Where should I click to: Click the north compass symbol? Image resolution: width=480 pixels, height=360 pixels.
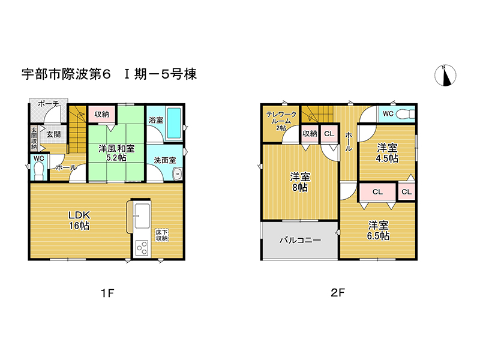click(x=445, y=75)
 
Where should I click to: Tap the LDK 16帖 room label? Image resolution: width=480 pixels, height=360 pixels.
click(x=79, y=220)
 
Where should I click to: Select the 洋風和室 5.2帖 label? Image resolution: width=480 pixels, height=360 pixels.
click(x=116, y=153)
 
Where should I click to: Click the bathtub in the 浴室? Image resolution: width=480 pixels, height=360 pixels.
click(x=174, y=123)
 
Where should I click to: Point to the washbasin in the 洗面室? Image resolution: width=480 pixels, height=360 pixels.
click(x=177, y=174)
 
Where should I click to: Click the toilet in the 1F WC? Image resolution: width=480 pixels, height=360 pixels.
click(x=38, y=171)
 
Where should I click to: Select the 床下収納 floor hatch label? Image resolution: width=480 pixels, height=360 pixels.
click(x=161, y=235)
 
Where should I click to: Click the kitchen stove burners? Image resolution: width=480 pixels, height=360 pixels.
click(x=142, y=248)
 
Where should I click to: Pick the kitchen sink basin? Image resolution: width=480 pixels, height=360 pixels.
click(x=142, y=216)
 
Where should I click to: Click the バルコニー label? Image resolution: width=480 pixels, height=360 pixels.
click(x=301, y=240)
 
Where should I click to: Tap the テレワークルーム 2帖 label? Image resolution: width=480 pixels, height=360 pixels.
click(x=281, y=121)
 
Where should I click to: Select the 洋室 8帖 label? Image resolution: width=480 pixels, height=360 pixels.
click(x=300, y=182)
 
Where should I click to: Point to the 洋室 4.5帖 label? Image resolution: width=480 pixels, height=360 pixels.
click(x=387, y=153)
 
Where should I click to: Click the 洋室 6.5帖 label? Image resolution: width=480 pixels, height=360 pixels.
click(x=379, y=230)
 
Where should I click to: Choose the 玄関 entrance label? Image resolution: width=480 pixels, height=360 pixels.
click(x=53, y=134)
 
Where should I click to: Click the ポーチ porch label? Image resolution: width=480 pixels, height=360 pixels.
click(x=48, y=104)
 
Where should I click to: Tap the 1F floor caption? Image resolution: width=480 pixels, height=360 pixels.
click(x=107, y=293)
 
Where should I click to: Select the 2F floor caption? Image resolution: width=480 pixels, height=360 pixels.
click(x=338, y=293)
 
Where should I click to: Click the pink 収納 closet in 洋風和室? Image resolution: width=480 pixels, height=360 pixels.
click(x=102, y=114)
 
